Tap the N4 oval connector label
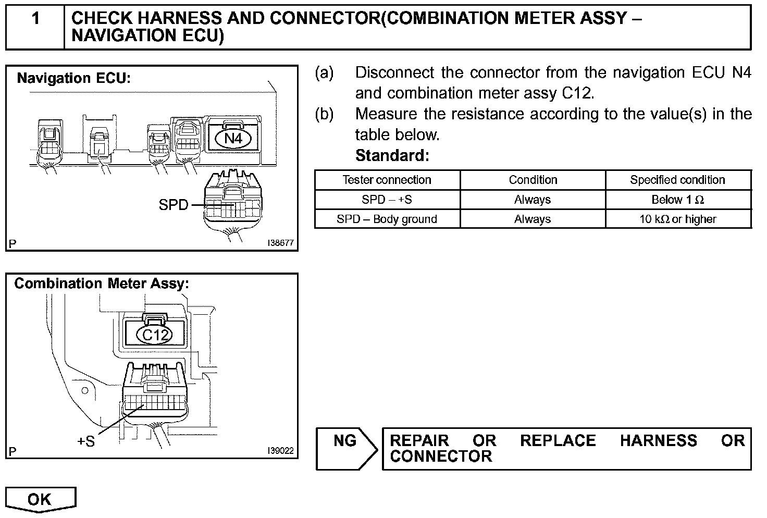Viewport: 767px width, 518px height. (x=233, y=139)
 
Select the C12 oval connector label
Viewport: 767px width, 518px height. (x=154, y=335)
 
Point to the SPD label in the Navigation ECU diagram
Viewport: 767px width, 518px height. (x=173, y=205)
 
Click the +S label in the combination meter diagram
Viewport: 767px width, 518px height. (x=86, y=441)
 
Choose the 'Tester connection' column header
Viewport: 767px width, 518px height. (x=387, y=180)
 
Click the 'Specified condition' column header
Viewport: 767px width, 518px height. (x=677, y=180)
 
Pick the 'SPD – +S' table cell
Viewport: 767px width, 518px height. (x=387, y=200)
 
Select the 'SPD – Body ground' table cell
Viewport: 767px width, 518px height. (x=387, y=219)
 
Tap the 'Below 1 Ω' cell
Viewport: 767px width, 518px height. (x=677, y=200)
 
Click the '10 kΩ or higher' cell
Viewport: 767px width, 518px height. (x=677, y=219)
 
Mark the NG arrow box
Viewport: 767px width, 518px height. (x=347, y=448)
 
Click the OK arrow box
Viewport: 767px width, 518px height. (x=40, y=499)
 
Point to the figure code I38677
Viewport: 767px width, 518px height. (x=280, y=243)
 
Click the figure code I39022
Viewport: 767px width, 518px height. (x=280, y=451)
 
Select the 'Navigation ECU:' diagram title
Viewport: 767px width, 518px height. (x=73, y=78)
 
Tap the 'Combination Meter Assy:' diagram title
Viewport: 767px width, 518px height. (x=101, y=283)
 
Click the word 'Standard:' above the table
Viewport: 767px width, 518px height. (x=392, y=155)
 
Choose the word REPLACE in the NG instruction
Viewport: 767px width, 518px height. (x=558, y=440)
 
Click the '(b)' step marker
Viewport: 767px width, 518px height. (x=324, y=114)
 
